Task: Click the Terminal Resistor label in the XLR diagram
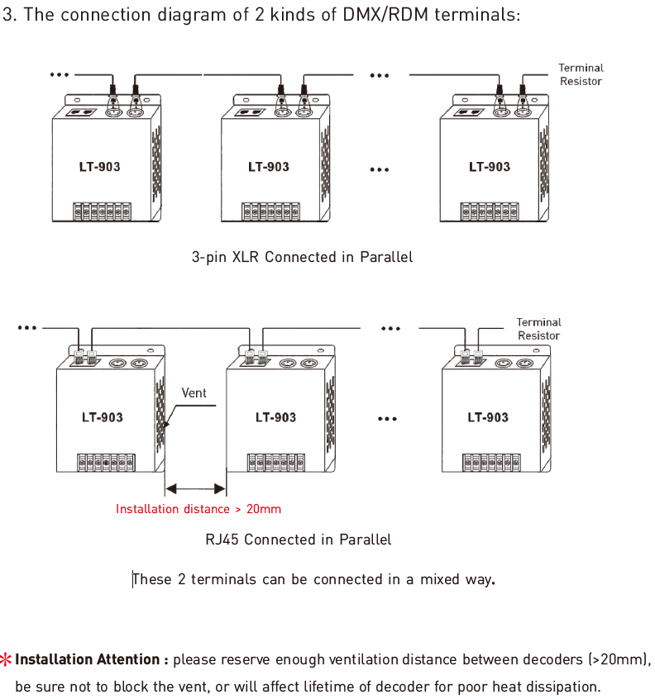tap(581, 74)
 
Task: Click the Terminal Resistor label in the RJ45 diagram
tap(538, 329)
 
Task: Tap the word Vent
tap(194, 392)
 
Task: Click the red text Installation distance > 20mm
tap(198, 509)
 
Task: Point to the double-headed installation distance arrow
tap(195, 488)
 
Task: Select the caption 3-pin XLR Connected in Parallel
tap(302, 257)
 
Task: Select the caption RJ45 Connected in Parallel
tap(298, 540)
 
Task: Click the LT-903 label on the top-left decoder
tap(99, 167)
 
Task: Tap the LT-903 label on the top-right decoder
tap(490, 167)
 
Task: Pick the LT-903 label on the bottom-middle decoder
tap(275, 417)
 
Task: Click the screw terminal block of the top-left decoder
tap(103, 212)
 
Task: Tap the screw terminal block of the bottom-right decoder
tap(491, 463)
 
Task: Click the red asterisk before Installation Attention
tap(6, 659)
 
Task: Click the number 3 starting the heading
tap(7, 15)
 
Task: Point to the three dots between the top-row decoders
tap(380, 169)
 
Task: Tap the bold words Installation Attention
tap(88, 659)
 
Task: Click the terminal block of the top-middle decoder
tap(270, 212)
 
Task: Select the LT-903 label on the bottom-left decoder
tap(103, 417)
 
